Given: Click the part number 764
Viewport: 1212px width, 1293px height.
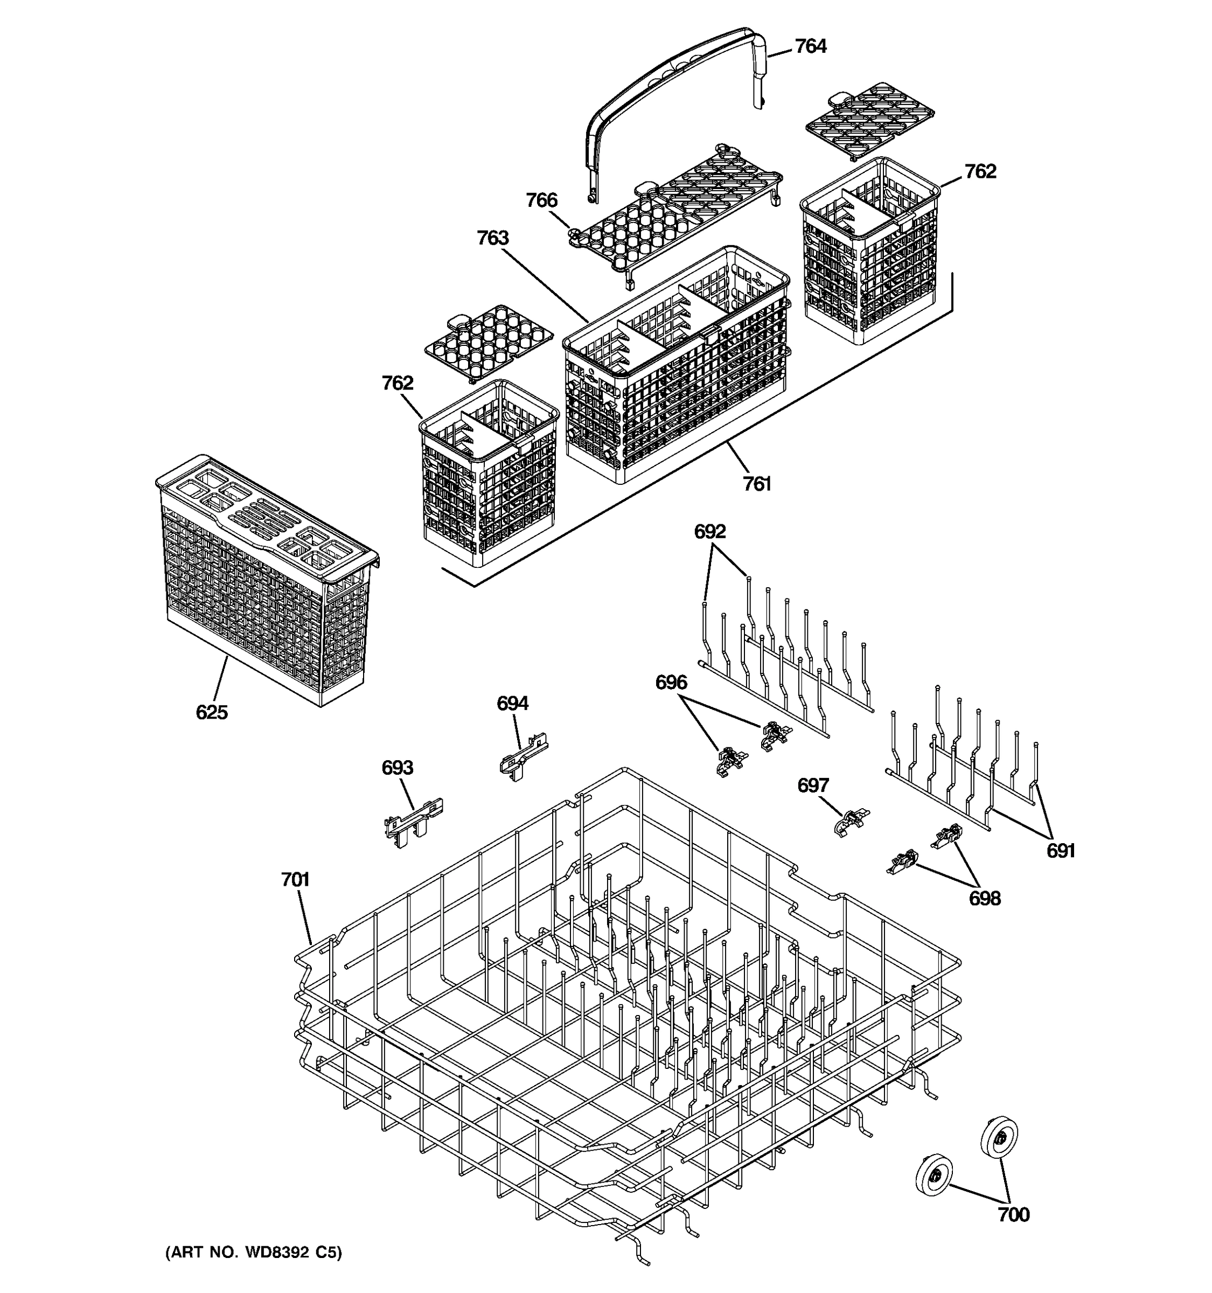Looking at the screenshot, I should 810,47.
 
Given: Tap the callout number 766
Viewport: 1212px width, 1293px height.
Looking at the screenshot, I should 541,200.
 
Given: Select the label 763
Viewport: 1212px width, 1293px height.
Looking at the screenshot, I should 492,239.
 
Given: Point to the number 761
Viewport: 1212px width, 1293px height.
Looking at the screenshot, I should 757,484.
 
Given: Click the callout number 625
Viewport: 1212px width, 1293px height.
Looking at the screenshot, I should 212,713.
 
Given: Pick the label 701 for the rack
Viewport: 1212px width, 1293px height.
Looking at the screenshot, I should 295,880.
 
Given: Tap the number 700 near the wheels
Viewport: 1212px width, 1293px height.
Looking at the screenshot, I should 1014,1214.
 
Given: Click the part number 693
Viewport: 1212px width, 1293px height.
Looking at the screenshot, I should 398,768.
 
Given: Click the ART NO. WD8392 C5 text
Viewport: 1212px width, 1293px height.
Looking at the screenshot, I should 254,1253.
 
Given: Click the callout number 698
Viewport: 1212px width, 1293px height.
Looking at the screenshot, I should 985,899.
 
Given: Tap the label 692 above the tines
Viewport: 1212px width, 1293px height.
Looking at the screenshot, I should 709,532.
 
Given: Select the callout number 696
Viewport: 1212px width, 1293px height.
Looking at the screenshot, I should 671,683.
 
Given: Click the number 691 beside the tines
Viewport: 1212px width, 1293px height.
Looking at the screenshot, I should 1061,851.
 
